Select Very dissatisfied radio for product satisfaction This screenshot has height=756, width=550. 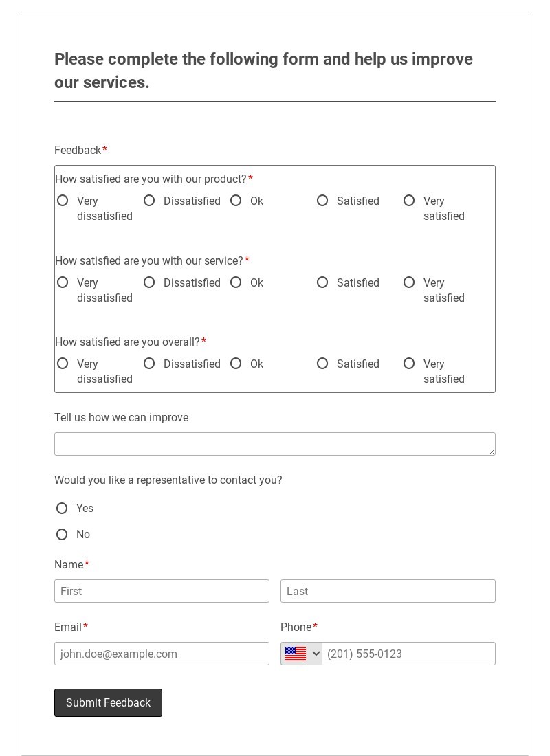point(63,201)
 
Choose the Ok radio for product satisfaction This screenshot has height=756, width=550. point(236,201)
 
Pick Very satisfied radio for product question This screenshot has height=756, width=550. point(409,201)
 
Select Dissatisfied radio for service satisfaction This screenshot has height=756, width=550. point(149,282)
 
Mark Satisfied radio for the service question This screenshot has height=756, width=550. point(322,282)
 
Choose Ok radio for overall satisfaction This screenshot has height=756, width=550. point(236,364)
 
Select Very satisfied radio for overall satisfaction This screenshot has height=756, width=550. point(409,364)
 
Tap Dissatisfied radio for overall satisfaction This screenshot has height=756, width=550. point(149,364)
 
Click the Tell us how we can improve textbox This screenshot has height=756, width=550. point(274,444)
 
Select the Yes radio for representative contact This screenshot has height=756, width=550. point(62,509)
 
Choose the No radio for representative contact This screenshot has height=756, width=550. point(62,535)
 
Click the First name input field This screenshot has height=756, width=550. point(162,591)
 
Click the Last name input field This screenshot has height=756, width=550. point(388,591)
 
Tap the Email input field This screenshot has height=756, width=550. point(162,654)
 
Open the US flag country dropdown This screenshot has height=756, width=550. point(302,654)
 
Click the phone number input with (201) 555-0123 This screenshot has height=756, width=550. point(408,654)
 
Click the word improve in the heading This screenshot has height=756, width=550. point(442,60)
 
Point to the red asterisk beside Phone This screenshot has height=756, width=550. point(315,626)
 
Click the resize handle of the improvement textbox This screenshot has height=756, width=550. point(492,452)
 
